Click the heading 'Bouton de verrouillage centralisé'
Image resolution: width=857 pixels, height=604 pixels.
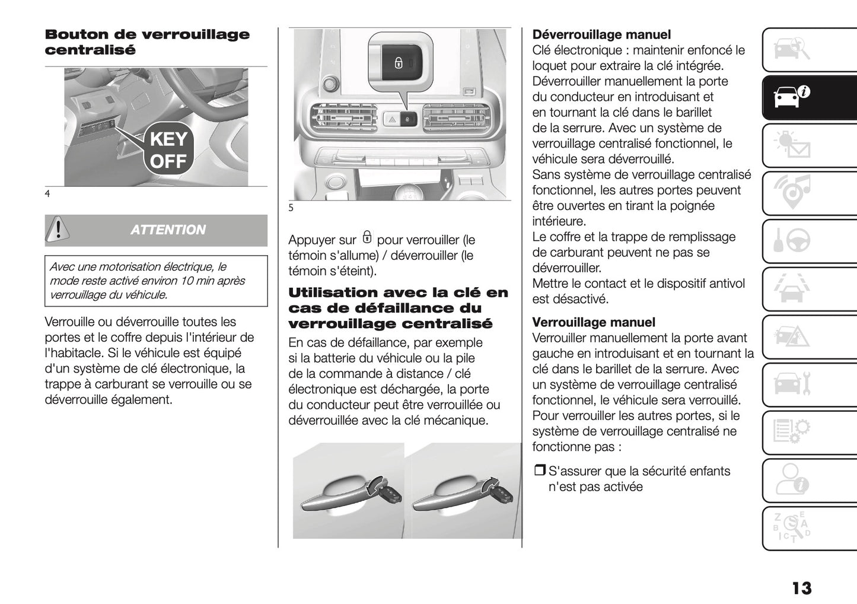[147, 42]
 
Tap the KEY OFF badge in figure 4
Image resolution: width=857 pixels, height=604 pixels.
[168, 150]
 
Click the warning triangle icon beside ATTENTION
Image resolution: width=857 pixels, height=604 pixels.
[58, 230]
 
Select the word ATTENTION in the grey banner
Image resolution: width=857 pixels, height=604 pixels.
[168, 230]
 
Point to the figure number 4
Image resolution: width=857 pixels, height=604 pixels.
[47, 194]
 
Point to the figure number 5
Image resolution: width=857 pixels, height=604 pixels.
[291, 208]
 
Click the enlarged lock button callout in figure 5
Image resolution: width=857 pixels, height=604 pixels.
[399, 62]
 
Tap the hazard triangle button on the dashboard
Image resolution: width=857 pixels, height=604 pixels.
[393, 119]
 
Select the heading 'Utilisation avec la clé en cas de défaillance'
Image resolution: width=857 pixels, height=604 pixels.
[398, 308]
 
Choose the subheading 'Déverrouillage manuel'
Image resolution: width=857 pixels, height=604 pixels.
[601, 35]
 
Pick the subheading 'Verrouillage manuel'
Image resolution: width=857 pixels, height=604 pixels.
[594, 323]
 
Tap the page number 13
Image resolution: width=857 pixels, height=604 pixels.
[801, 588]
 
